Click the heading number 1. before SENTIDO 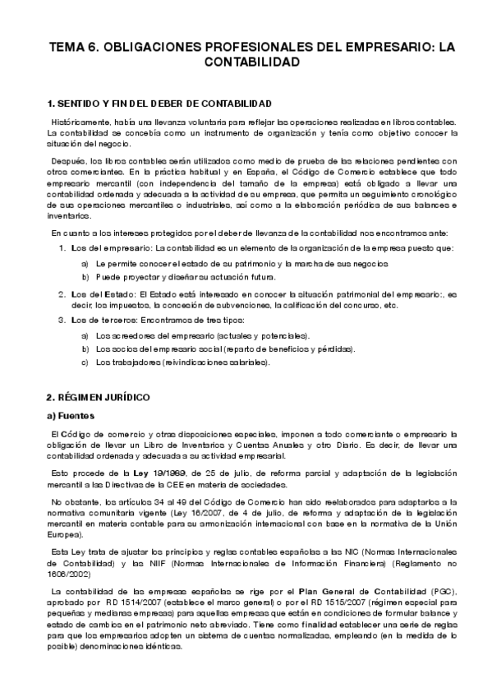(x=51, y=104)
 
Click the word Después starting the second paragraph (x=67, y=161)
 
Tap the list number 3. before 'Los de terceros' (x=61, y=319)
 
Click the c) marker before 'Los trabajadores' (x=85, y=362)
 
